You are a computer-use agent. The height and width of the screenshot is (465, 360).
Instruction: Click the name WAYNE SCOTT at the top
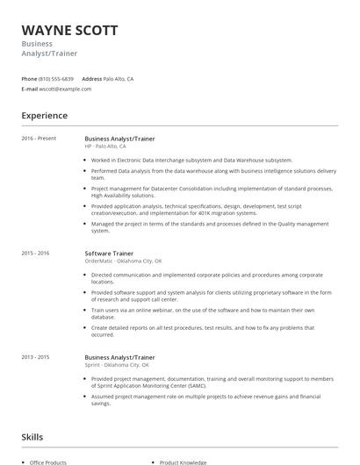(x=69, y=31)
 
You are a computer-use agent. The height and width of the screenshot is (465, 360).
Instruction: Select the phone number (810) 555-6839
(x=56, y=79)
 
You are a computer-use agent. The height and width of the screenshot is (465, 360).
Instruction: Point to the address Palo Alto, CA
(x=119, y=79)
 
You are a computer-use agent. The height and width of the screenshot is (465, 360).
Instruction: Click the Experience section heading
(x=44, y=116)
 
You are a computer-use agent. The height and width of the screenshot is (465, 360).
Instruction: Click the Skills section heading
(x=32, y=437)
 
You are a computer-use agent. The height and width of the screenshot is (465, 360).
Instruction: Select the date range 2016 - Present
(x=39, y=138)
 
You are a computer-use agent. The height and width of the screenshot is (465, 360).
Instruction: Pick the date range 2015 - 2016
(x=36, y=253)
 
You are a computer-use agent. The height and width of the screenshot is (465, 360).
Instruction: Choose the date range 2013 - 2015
(x=36, y=357)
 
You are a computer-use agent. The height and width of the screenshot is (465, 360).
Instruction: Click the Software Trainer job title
(x=109, y=253)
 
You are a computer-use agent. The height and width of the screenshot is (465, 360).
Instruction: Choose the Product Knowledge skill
(x=184, y=461)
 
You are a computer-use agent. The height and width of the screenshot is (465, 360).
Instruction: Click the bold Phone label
(x=29, y=79)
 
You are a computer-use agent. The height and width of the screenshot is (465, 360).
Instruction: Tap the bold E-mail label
(x=30, y=89)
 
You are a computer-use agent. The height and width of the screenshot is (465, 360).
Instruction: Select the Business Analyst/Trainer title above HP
(x=119, y=138)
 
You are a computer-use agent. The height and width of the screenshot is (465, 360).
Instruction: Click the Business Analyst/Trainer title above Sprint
(x=119, y=357)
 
